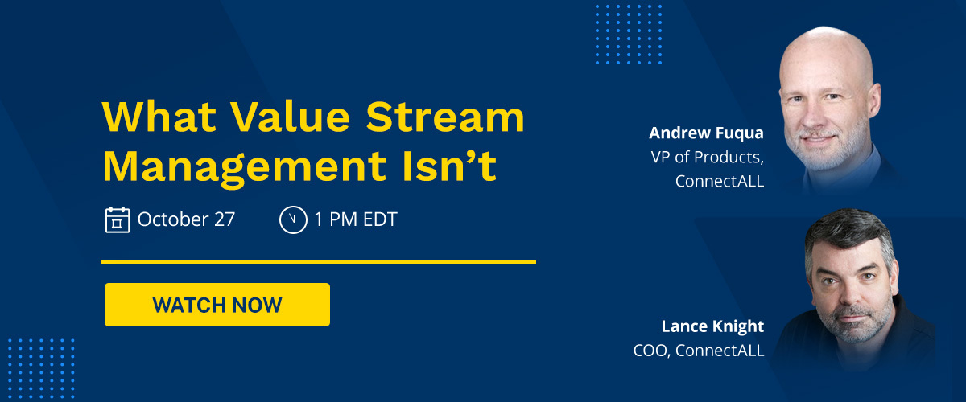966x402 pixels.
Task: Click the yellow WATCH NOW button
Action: pos(217,305)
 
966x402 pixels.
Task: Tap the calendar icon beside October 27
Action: pos(118,219)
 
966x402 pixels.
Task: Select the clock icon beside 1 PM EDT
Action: pos(293,219)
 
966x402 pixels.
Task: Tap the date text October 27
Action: pos(186,219)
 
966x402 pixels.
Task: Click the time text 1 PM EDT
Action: pos(355,219)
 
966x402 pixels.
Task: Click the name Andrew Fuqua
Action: pos(706,132)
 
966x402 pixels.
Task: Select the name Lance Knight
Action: pos(712,326)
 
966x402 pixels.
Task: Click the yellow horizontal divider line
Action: pos(318,262)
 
